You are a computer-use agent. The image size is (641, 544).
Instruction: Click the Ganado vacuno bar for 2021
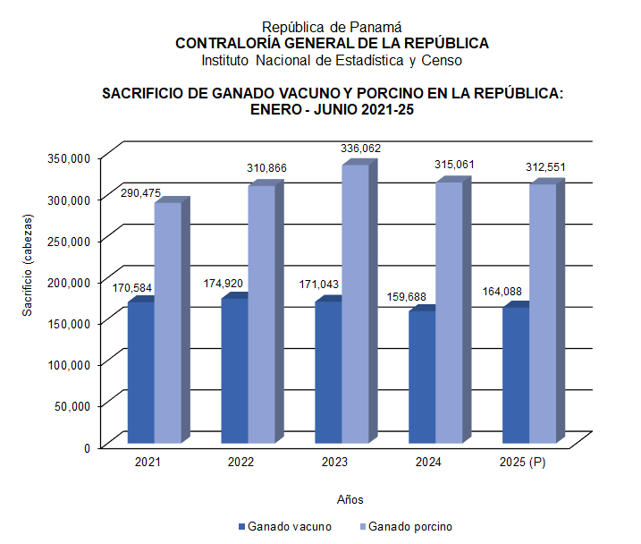(140, 372)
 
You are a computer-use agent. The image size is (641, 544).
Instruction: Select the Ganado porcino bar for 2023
(355, 303)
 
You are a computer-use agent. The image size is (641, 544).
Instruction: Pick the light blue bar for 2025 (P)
(543, 313)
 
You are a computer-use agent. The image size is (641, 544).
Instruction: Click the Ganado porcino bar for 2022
(261, 313)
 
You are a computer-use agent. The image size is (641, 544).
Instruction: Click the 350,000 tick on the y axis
(68, 157)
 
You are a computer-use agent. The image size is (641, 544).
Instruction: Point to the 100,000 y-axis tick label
(68, 364)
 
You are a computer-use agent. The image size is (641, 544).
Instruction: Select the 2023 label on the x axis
(335, 463)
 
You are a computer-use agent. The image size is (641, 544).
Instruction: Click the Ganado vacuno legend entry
(285, 526)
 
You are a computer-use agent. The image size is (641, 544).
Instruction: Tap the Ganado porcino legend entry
(407, 526)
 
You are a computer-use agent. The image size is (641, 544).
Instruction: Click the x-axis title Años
(350, 498)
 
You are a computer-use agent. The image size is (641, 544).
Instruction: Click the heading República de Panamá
(332, 28)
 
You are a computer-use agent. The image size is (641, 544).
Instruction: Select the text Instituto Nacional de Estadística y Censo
(332, 60)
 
